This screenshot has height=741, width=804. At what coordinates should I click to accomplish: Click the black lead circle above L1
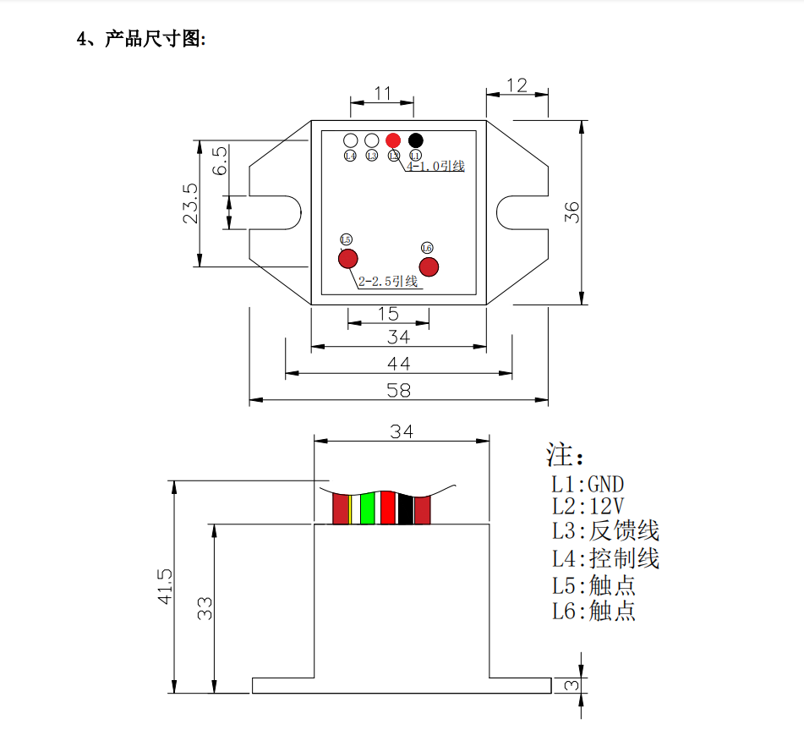coord(416,140)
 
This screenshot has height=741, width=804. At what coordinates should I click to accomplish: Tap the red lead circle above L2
coord(393,140)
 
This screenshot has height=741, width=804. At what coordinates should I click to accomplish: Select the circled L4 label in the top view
coord(351,156)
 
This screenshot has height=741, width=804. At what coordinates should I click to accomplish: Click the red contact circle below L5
coord(347,259)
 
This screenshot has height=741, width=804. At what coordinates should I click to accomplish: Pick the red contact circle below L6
coord(429,267)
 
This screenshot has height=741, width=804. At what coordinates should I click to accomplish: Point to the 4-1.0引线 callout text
coord(436,167)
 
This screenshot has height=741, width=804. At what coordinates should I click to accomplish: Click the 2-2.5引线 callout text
coord(389,282)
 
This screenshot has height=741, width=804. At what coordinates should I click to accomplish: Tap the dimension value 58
coord(398,390)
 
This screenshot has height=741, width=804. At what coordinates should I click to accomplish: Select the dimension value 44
coord(398,363)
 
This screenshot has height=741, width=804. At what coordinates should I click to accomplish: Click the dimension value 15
coord(388,314)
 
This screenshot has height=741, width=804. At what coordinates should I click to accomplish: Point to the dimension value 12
coord(517,85)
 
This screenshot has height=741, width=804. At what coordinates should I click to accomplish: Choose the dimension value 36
coord(572,212)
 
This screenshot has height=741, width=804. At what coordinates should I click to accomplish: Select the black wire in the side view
coord(406,508)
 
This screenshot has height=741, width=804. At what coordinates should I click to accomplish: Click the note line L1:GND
coord(588,485)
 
